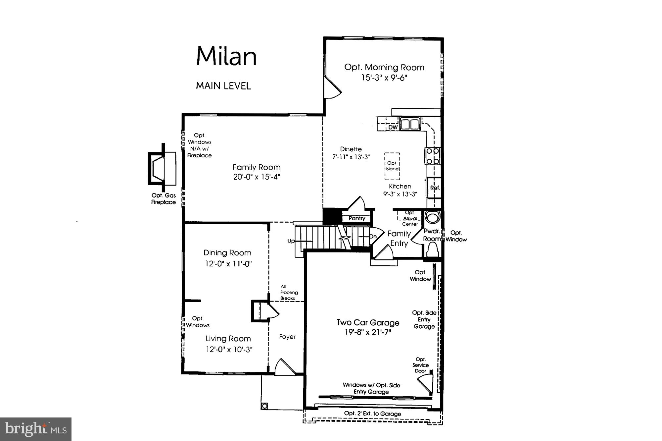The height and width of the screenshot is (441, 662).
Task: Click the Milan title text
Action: [226, 56]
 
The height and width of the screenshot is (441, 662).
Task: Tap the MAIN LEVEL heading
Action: [223, 86]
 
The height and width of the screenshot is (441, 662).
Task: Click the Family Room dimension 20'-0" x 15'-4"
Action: [257, 177]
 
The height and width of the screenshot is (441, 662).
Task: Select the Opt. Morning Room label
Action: [384, 67]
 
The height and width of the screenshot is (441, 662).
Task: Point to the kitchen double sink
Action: [410, 124]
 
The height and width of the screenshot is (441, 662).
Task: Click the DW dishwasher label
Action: [393, 127]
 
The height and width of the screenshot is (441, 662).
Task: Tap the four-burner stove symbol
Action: [433, 156]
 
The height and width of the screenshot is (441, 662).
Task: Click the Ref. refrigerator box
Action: [434, 188]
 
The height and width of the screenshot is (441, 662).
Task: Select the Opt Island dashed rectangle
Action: [392, 166]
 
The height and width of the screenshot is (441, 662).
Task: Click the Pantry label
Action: [357, 218]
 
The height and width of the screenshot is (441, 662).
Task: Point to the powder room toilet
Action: [432, 249]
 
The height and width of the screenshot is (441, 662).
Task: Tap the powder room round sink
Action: [432, 217]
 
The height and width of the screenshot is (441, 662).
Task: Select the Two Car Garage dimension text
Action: [368, 332]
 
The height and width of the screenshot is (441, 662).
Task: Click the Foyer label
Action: [287, 337]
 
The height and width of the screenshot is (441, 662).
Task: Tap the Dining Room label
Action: [227, 253]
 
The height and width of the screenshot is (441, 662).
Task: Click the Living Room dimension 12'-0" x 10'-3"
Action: [229, 349]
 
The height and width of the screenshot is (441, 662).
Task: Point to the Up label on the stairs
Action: [291, 241]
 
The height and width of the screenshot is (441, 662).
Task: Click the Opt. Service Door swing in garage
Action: [426, 383]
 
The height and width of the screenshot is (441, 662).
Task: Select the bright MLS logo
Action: [36, 429]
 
